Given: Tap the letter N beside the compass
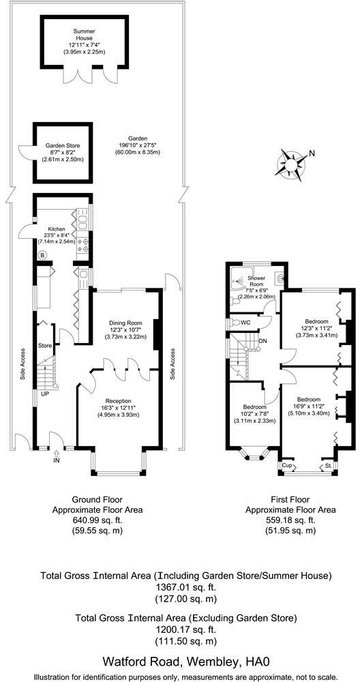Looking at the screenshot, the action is tap(312, 153).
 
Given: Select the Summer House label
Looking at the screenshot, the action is tap(84, 35).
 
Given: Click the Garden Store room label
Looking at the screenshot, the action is tap(63, 146).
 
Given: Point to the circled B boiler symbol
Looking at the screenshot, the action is tap(42, 255).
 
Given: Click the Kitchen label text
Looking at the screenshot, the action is tap(57, 229).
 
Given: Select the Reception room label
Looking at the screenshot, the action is tap(117, 400).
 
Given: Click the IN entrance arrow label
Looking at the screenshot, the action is tap(56, 460).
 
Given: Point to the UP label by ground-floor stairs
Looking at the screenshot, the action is tap(45, 394).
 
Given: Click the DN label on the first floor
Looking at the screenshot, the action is tap(262, 342).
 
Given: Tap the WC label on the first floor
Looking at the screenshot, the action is tap(245, 323).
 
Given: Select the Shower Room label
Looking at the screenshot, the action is tap(256, 281).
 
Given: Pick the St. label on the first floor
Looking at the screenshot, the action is tap(329, 466).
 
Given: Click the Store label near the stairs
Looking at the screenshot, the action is tap(45, 346).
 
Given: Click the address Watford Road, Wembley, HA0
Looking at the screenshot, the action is tap(186, 662).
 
